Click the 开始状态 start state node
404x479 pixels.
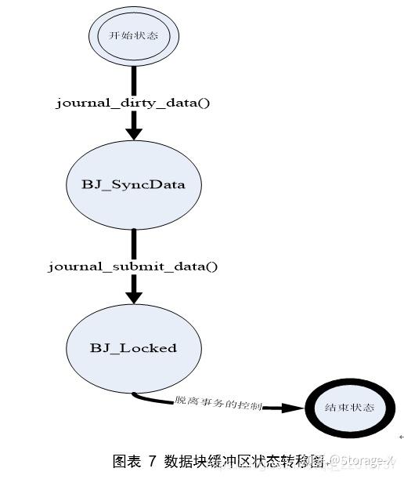[x=133, y=37]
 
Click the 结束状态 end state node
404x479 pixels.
[x=349, y=408]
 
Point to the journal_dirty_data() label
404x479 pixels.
[x=133, y=103]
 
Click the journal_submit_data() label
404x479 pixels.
[x=133, y=267]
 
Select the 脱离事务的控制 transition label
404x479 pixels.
[x=218, y=402]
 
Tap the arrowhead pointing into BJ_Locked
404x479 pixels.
[x=134, y=295]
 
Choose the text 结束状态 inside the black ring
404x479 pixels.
[x=349, y=408]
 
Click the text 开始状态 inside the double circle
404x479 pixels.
[x=133, y=37]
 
